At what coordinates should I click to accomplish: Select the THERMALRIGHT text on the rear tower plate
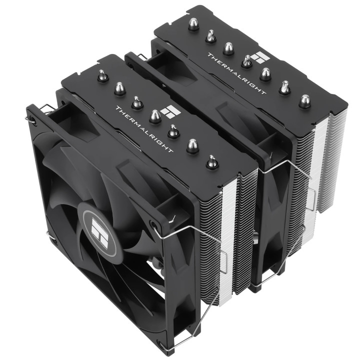[237, 72]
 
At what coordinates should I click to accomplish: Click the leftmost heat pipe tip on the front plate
[102, 75]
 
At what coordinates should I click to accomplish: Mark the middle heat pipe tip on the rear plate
[247, 61]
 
